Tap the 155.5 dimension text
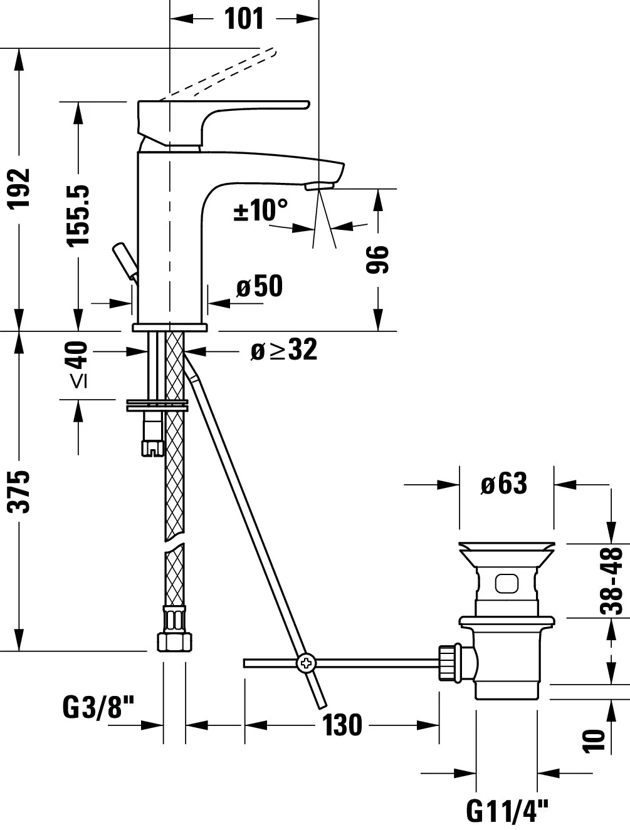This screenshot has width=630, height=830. pyautogui.click(x=80, y=214)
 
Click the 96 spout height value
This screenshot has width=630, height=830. pyautogui.click(x=377, y=259)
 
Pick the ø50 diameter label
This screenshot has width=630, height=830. pyautogui.click(x=260, y=287)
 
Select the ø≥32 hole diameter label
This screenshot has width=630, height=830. pyautogui.click(x=283, y=350)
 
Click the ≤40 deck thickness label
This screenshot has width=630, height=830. pyautogui.click(x=78, y=365)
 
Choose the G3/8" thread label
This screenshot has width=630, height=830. pyautogui.click(x=99, y=708)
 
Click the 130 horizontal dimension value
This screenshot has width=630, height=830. pyautogui.click(x=342, y=725)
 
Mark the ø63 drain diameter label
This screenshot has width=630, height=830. pyautogui.click(x=504, y=484)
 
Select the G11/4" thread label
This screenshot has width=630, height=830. pyautogui.click(x=507, y=811)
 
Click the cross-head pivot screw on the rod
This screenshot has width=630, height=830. pyautogui.click(x=307, y=663)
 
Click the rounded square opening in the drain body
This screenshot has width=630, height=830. pyautogui.click(x=507, y=583)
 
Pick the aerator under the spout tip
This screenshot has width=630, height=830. pyautogui.click(x=320, y=186)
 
